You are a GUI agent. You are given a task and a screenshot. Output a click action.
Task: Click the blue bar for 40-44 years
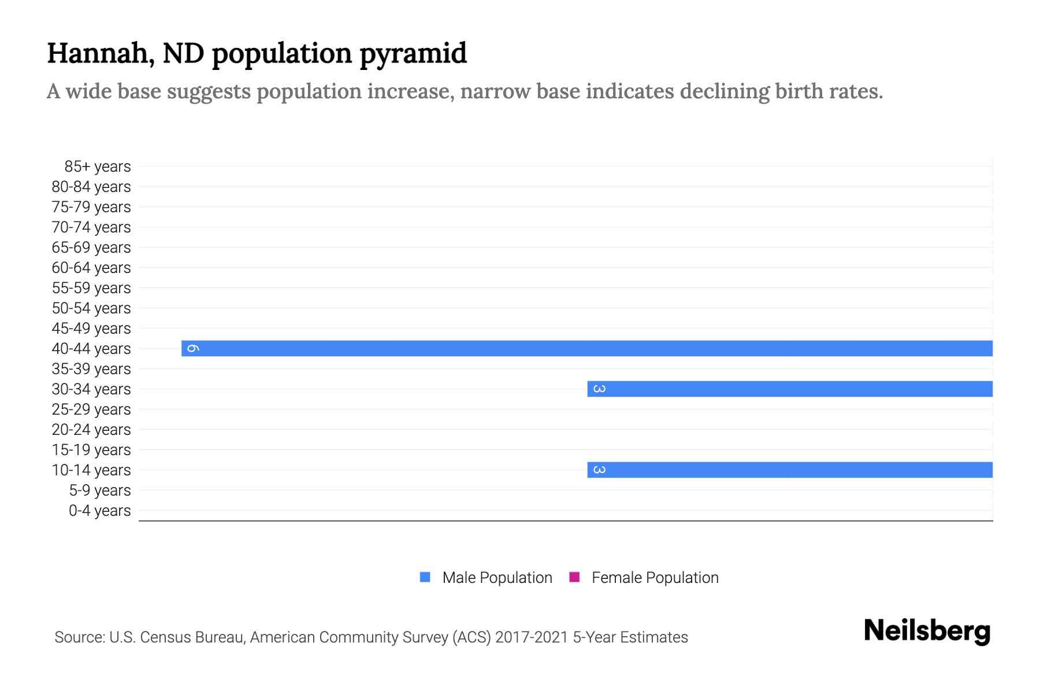587,348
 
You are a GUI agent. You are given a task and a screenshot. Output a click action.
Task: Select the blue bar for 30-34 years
790,389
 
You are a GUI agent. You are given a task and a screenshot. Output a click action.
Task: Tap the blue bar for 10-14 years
790,470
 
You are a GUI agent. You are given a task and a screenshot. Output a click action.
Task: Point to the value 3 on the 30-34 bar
600,389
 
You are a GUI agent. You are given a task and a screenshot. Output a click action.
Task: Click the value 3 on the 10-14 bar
600,470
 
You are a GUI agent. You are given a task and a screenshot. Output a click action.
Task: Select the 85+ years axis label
98,167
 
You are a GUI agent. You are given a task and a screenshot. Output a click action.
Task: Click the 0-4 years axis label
99,511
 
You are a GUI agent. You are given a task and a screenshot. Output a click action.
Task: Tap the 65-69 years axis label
91,248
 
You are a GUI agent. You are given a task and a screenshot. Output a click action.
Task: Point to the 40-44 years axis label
91,349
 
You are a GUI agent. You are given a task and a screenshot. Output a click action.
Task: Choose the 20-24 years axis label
91,430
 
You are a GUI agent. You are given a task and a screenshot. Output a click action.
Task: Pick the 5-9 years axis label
99,490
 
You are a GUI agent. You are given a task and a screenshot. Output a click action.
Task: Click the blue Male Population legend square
425,577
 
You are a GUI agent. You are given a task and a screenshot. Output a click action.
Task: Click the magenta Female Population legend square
574,577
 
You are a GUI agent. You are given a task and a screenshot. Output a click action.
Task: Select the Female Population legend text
655,578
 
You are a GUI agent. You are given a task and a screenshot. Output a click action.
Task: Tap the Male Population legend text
497,578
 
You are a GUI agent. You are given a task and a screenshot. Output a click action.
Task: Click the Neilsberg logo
927,631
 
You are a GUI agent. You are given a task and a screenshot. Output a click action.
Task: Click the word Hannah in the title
97,53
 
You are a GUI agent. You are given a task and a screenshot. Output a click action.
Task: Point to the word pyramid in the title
413,53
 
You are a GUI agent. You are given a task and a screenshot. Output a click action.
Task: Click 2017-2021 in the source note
532,637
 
